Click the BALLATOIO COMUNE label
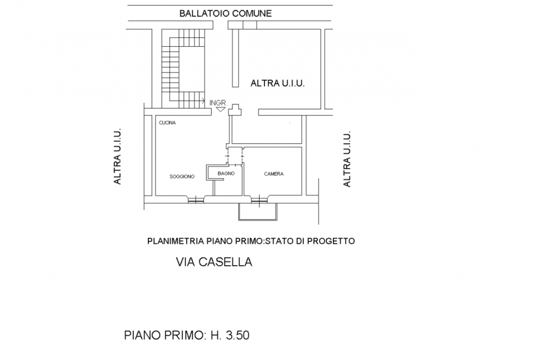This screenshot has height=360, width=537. pyautogui.click(x=225, y=13)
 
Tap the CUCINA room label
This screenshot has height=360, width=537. pyautogui.click(x=167, y=123)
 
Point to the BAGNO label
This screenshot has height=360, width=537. pyautogui.click(x=226, y=172)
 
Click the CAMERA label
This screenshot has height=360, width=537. pyautogui.click(x=274, y=174)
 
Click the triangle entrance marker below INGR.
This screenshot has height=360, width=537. pyautogui.click(x=219, y=109)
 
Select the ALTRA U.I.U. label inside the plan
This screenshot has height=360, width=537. pyautogui.click(x=278, y=83)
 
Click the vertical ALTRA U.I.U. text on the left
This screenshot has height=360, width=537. pyautogui.click(x=117, y=157)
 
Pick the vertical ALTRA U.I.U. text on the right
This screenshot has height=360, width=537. pyautogui.click(x=346, y=160)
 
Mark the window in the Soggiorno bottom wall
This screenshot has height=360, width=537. pyautogui.click(x=196, y=201)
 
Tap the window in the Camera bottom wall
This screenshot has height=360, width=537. pyautogui.click(x=260, y=201)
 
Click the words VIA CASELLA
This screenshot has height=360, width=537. pyautogui.click(x=214, y=262)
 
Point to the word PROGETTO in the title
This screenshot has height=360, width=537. pyautogui.click(x=332, y=241)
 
